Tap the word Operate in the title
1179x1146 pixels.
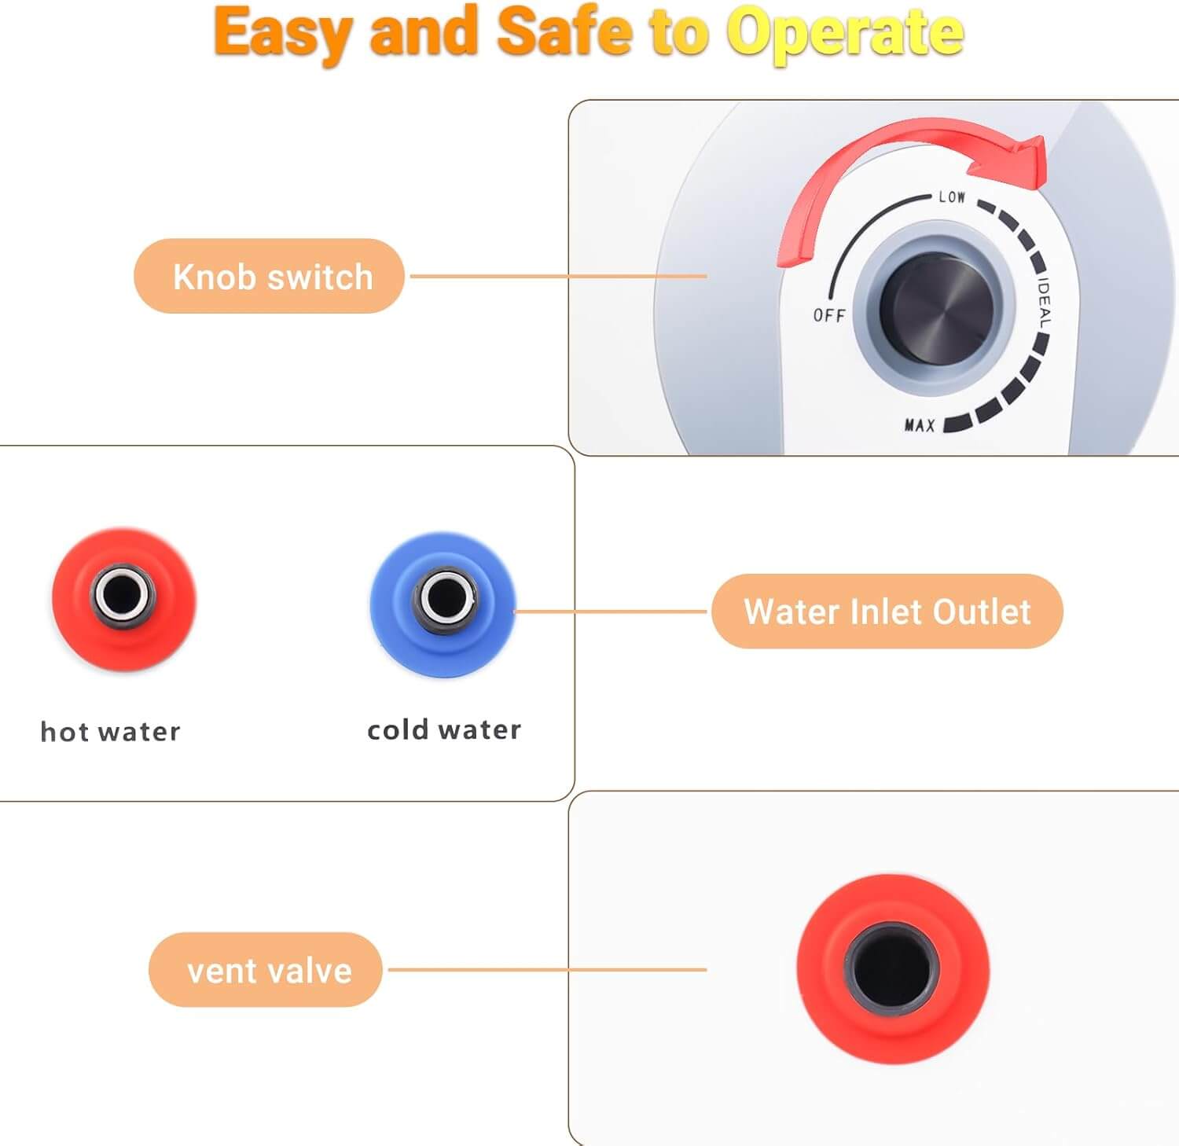(x=844, y=34)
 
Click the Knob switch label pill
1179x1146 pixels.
(x=270, y=276)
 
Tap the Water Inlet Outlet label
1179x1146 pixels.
(x=887, y=611)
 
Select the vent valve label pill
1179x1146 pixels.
(x=266, y=969)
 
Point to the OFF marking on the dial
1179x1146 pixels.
(x=829, y=315)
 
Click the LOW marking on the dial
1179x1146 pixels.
(x=952, y=197)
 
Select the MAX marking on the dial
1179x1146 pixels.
(x=920, y=425)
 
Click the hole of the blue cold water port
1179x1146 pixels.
(x=445, y=595)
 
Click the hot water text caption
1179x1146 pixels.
(x=110, y=732)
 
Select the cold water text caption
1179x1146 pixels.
(x=444, y=730)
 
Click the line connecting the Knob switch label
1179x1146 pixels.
(x=559, y=276)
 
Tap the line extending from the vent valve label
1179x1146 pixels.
(x=548, y=969)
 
